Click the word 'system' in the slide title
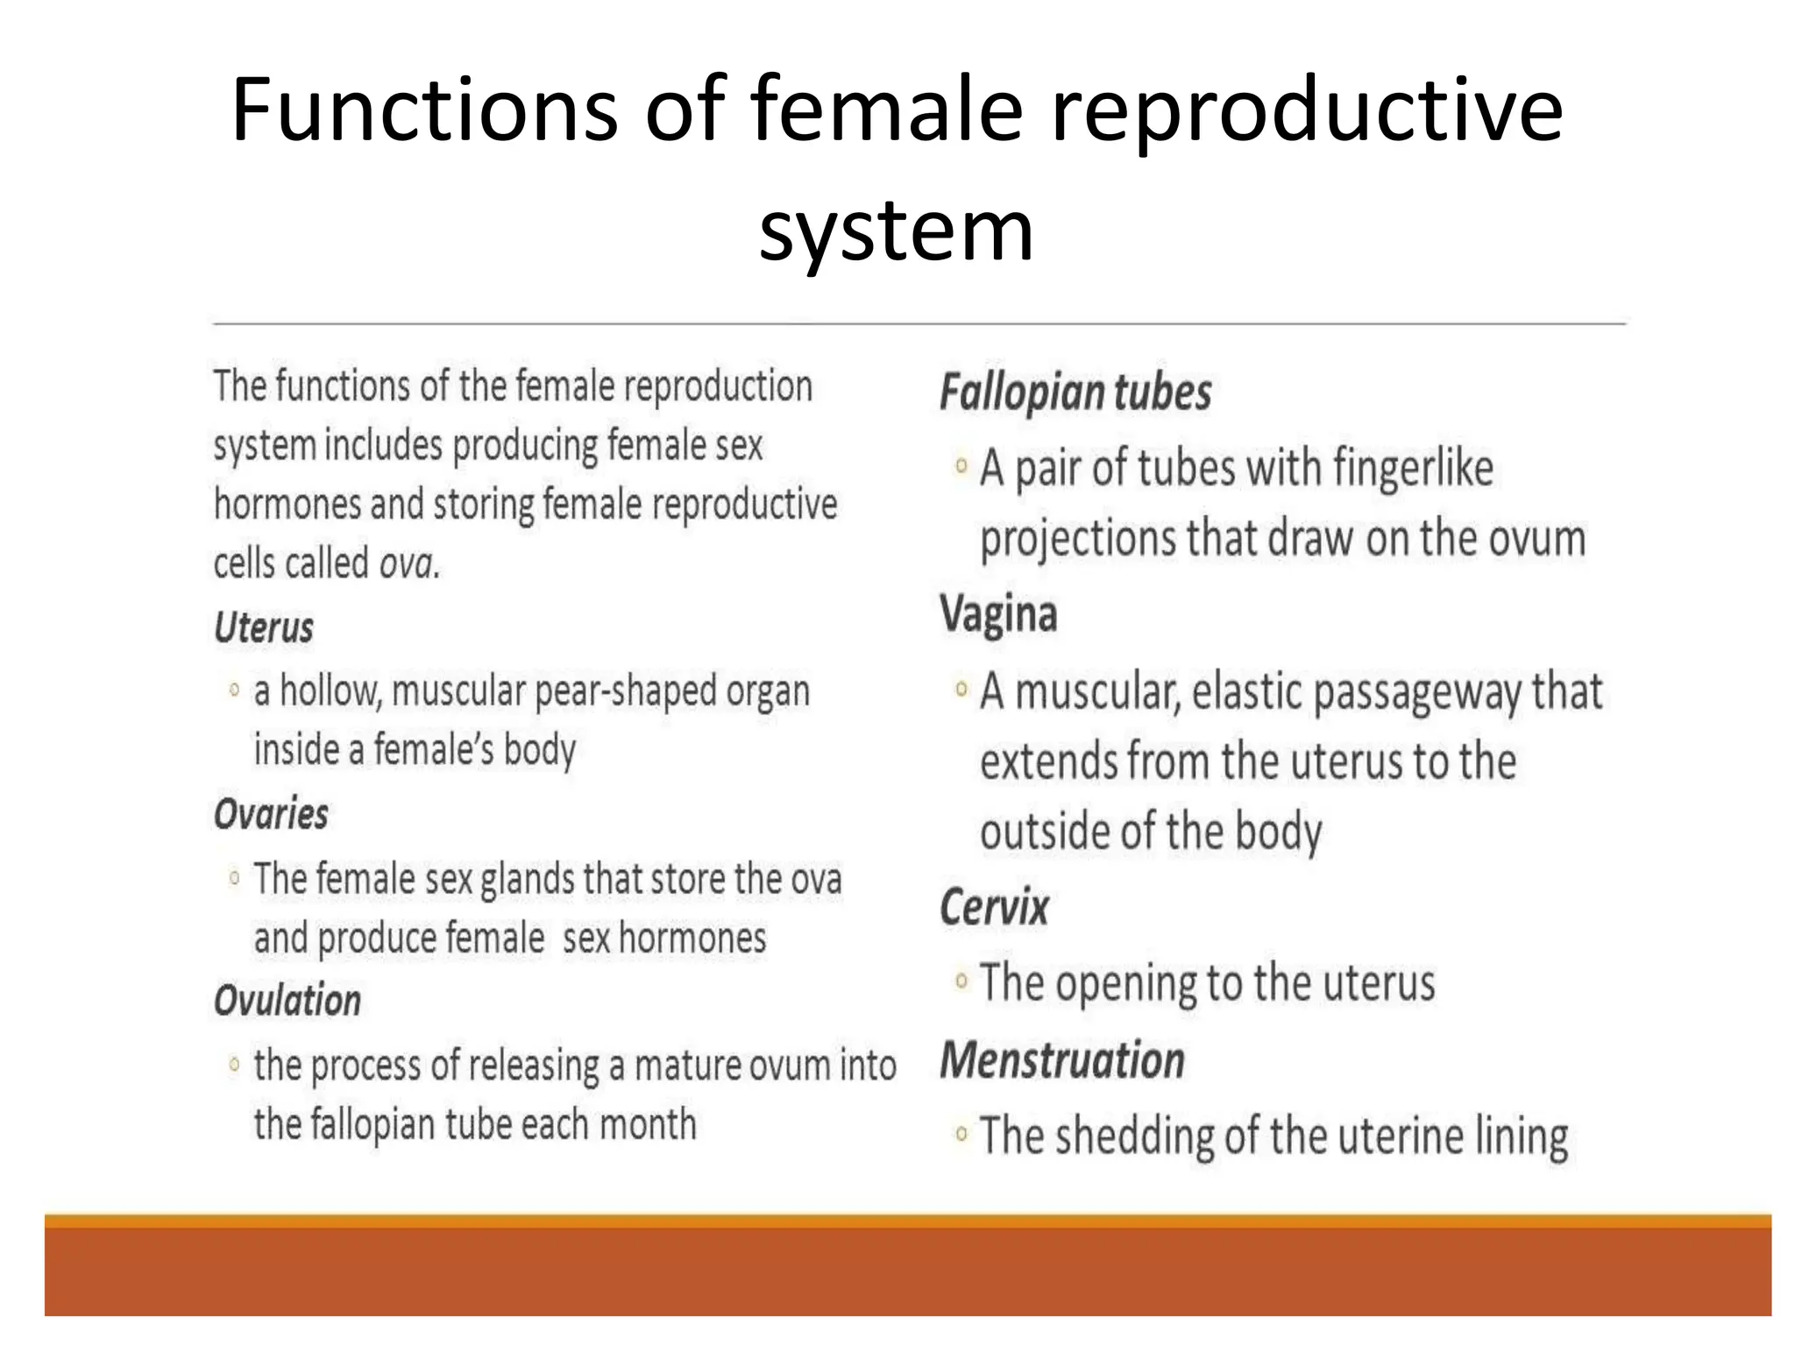coord(896,230)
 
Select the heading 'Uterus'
coord(264,628)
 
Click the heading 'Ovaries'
coord(271,815)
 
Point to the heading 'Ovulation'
coord(287,1001)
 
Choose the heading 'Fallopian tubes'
coord(1075,393)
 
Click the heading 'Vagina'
coord(998,614)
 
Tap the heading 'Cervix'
coord(994,907)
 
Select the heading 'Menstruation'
coord(1062,1060)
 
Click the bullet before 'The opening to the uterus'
coord(961,981)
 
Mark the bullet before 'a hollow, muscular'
coord(234,691)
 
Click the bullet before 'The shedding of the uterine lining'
coord(961,1135)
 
